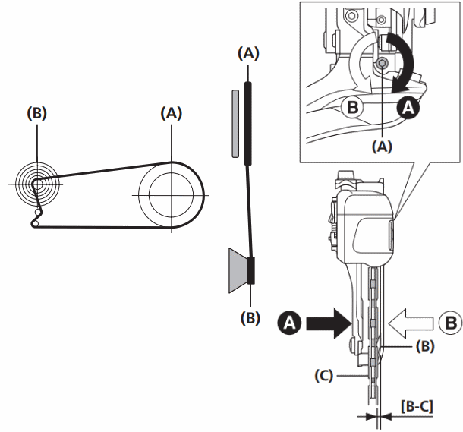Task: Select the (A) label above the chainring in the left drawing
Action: coord(172,113)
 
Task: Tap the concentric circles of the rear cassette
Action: coord(34,182)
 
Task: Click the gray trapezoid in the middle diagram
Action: coord(237,270)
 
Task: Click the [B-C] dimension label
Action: coord(416,406)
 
